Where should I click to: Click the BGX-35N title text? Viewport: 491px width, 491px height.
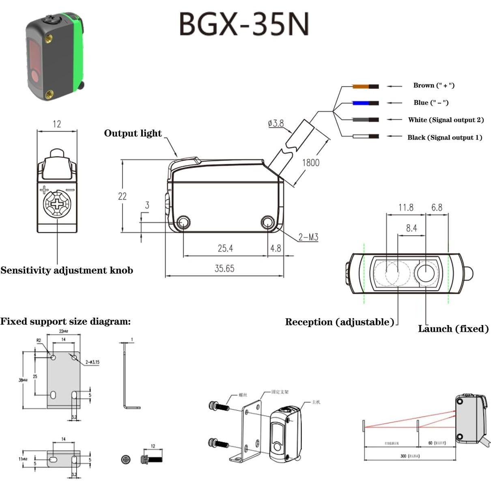(244, 24)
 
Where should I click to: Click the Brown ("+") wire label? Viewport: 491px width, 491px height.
(433, 86)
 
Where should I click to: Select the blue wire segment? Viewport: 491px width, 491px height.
(361, 103)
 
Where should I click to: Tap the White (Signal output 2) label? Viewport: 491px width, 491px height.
(446, 120)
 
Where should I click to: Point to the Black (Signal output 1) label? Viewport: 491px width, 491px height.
(444, 138)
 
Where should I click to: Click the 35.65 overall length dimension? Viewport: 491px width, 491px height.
(224, 269)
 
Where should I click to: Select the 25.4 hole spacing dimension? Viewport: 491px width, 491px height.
(225, 248)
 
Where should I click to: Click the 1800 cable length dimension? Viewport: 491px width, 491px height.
(310, 163)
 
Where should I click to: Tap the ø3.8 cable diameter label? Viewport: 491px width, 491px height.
(276, 123)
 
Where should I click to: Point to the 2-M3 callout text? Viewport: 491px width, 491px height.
(308, 237)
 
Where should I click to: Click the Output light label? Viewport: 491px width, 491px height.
(133, 134)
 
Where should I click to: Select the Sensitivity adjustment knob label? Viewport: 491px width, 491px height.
(67, 271)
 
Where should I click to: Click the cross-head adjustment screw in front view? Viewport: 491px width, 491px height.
(57, 203)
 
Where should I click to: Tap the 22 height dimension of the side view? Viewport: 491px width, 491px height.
(122, 196)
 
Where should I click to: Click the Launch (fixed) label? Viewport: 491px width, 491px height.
(453, 329)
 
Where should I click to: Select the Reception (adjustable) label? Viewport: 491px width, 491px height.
(339, 322)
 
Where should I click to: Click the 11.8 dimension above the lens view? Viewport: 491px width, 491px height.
(405, 208)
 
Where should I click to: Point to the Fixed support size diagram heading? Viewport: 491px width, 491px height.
(65, 322)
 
